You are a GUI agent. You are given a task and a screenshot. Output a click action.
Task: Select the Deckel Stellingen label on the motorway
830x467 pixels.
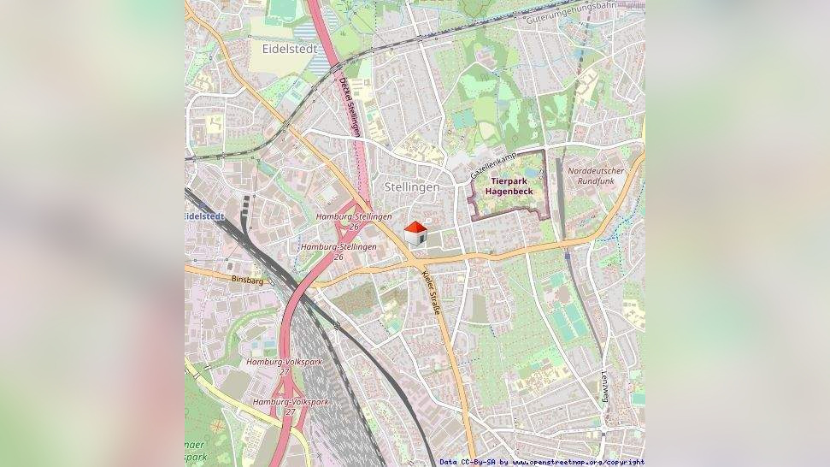349,107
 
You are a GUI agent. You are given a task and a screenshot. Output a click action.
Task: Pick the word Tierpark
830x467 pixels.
509,181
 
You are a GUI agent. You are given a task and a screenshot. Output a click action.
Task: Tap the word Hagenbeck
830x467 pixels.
509,192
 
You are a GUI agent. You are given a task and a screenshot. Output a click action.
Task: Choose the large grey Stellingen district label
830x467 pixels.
412,186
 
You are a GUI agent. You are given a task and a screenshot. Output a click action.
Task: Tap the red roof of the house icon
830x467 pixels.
415,227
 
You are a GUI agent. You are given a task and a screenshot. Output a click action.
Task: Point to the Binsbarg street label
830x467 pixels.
247,280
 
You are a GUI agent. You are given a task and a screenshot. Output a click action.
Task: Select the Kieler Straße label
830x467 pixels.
432,293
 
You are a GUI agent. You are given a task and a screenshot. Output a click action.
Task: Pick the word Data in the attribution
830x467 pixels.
449,462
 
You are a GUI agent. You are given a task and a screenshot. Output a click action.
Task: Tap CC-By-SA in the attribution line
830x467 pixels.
479,462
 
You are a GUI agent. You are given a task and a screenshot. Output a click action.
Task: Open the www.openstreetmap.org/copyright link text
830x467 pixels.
579,462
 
